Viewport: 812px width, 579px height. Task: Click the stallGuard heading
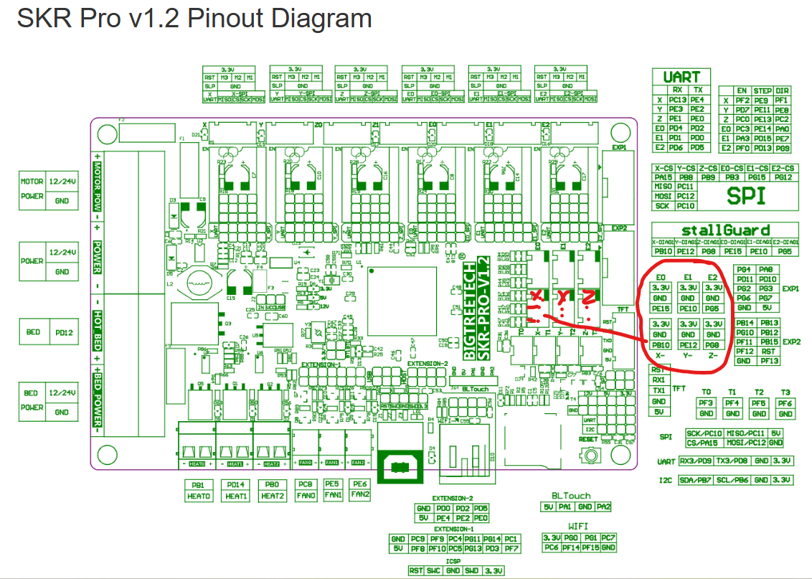(725, 230)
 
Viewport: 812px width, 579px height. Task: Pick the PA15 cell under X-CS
(664, 177)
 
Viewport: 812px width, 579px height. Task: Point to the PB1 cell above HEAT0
(199, 485)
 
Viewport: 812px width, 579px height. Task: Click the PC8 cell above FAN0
(306, 485)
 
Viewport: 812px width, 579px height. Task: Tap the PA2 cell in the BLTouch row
(603, 507)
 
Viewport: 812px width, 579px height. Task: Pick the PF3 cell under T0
(706, 404)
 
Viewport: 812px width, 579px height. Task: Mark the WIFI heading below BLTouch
(579, 526)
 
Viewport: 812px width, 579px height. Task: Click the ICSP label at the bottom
(453, 561)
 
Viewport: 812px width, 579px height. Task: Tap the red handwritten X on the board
(536, 298)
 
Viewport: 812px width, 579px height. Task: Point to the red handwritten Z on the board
(588, 296)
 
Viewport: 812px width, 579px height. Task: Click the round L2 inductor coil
(194, 283)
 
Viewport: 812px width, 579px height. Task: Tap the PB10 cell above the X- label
(661, 344)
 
